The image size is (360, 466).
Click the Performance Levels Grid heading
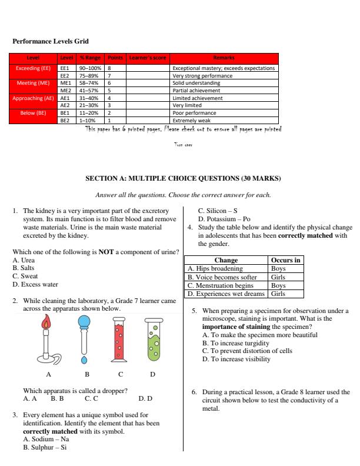[x=46, y=42]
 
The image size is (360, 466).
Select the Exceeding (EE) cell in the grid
[x=33, y=68]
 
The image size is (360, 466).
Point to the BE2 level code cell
[x=65, y=119]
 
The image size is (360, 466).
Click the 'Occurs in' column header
[x=286, y=259]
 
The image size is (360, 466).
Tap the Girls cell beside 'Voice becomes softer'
[x=278, y=276]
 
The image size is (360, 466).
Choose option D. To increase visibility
[x=236, y=359]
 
